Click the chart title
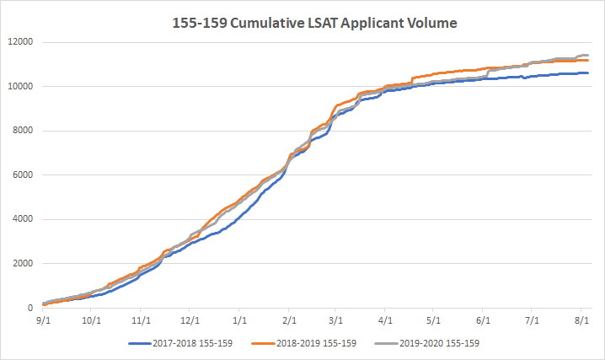tap(302, 24)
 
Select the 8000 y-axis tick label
tap(19, 131)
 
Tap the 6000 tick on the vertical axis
tap(19, 175)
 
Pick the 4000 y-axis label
tap(19, 219)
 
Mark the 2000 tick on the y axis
tap(19, 264)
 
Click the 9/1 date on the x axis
tap(42, 320)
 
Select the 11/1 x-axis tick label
tap(141, 320)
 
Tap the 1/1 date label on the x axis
tap(239, 320)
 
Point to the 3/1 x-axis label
tap(336, 320)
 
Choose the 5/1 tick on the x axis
tap(434, 320)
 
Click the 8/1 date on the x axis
tap(581, 320)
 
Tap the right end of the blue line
tap(588, 73)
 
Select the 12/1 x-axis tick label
tap(190, 320)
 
